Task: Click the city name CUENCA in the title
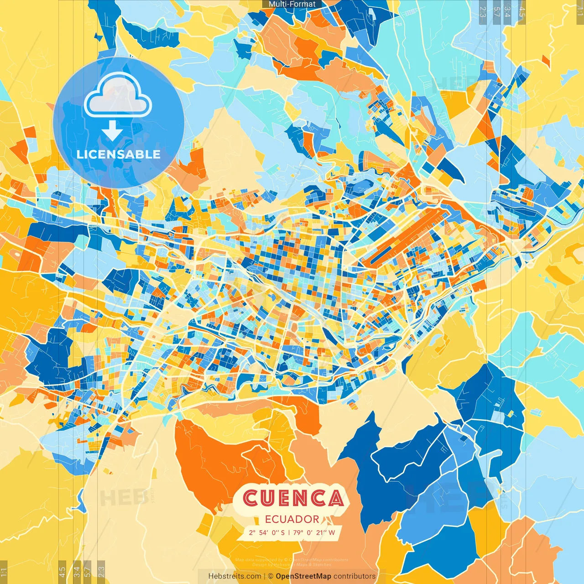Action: (x=293, y=498)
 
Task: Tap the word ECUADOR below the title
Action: (x=292, y=519)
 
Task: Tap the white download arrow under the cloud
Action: (x=112, y=132)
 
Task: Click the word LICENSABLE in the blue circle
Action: (x=119, y=154)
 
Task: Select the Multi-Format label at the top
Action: (x=292, y=4)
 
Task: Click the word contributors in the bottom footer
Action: (x=355, y=576)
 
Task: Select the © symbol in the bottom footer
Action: (x=271, y=576)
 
